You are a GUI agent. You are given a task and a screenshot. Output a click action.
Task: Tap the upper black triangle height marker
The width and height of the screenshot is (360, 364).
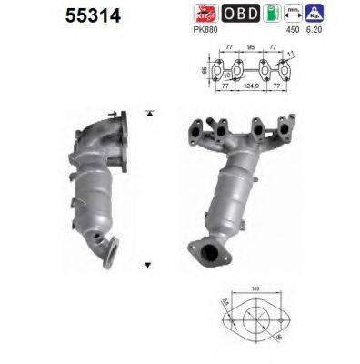[x=147, y=114]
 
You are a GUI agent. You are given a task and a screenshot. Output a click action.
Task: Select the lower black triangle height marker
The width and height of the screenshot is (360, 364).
[x=147, y=265]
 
